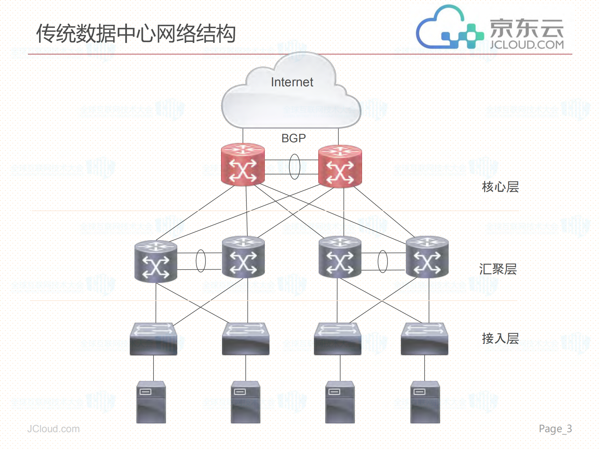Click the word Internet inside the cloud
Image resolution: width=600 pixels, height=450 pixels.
coord(292,82)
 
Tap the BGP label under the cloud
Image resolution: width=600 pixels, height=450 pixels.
coord(293,138)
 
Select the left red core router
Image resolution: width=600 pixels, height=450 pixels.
coord(243,165)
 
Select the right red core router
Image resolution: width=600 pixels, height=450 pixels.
coord(340,167)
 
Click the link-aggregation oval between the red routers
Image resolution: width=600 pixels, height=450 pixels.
coord(294,167)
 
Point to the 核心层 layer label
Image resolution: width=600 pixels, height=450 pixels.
coord(500,187)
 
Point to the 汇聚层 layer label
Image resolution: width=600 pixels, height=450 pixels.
coord(498,269)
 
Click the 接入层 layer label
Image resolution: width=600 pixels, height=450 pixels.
coord(500,338)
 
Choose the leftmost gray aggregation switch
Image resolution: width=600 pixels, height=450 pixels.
coord(156,262)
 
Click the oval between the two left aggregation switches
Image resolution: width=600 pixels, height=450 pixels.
coord(200,261)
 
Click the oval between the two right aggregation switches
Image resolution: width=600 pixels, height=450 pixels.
coord(382,261)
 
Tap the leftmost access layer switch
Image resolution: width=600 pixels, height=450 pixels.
coord(154,339)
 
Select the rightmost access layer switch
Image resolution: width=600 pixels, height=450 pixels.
coord(424,339)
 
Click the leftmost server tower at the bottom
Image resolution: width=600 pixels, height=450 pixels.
coord(151,402)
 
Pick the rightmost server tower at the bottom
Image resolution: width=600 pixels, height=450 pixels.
coord(425,402)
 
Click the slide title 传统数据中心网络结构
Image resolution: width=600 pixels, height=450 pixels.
coord(136,33)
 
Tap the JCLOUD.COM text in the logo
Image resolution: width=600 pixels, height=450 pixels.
coord(527,45)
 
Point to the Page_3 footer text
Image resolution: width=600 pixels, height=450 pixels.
coord(555,429)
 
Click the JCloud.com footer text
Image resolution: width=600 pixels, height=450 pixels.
coord(53,429)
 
